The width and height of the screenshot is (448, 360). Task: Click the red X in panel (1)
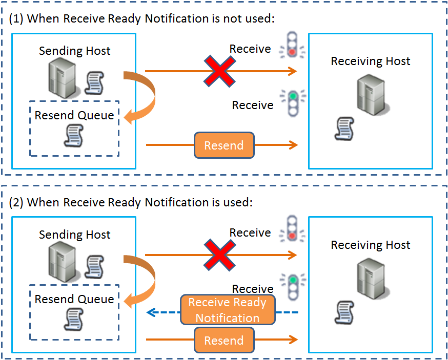click(x=220, y=71)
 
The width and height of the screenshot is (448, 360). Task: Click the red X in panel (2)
click(x=220, y=255)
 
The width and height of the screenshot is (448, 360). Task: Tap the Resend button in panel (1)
click(x=224, y=145)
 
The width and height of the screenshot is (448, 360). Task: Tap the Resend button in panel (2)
click(x=224, y=341)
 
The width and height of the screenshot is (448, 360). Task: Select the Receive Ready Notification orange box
click(x=228, y=310)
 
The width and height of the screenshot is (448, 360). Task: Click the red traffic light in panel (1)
click(x=292, y=45)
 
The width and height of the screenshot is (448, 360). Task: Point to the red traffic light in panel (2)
click(x=292, y=229)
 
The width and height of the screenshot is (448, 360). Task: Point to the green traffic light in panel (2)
click(x=292, y=286)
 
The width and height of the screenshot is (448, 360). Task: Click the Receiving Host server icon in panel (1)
click(x=371, y=95)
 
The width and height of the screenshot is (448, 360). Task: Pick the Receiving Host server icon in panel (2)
click(x=371, y=279)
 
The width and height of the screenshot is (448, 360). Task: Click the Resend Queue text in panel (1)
click(x=74, y=115)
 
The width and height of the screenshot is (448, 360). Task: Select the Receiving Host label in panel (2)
click(x=371, y=245)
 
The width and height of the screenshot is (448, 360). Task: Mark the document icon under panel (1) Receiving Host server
click(x=343, y=129)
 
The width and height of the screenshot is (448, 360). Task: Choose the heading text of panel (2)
click(x=131, y=202)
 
